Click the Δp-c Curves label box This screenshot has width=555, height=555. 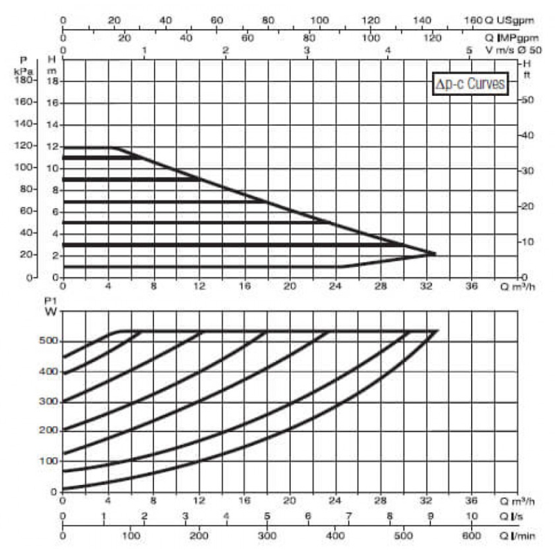pyautogui.click(x=470, y=84)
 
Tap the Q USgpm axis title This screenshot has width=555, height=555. pyautogui.click(x=509, y=20)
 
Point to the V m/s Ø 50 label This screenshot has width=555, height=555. pyautogui.click(x=514, y=50)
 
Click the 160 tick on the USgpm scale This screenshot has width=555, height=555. pyautogui.click(x=473, y=20)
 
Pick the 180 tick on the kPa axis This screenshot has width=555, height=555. pyautogui.click(x=23, y=80)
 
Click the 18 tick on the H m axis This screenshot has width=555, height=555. pyautogui.click(x=53, y=81)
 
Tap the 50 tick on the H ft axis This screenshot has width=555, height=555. pyautogui.click(x=527, y=100)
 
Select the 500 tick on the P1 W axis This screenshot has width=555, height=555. pyautogui.click(x=48, y=341)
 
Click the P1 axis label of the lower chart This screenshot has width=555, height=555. pyautogui.click(x=51, y=301)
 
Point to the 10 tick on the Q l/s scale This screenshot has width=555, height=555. pyautogui.click(x=472, y=516)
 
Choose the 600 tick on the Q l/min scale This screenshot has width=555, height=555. pyautogui.click(x=472, y=536)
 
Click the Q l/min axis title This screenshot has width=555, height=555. pyautogui.click(x=517, y=536)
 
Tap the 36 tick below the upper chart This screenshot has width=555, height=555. pyautogui.click(x=472, y=286)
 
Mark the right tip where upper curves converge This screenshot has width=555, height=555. pyautogui.click(x=436, y=254)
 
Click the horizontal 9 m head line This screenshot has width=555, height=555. pyautogui.click(x=131, y=180)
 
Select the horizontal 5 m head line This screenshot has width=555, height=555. pyautogui.click(x=196, y=223)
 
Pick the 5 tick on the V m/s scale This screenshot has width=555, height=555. pyautogui.click(x=470, y=50)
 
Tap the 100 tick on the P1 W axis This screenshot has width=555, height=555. pyautogui.click(x=48, y=461)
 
